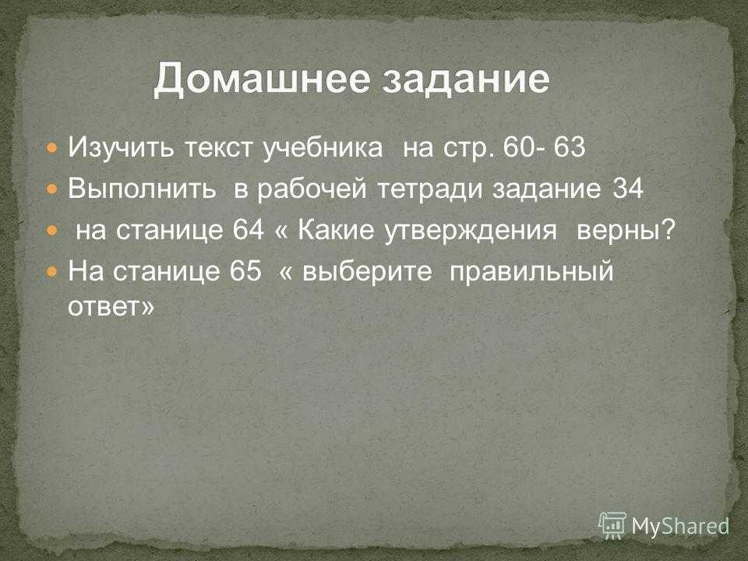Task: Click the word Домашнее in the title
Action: pos(262,79)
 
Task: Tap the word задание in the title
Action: pos(467,79)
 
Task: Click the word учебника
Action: pos(323,147)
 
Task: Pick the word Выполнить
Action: pos(142,189)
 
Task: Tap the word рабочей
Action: pos(312,189)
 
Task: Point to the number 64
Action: pos(248,231)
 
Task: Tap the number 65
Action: pos(245,271)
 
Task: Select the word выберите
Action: pos(367,272)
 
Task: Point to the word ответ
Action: pos(104,307)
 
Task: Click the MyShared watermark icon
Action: pos(612,526)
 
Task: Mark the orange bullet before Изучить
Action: pos(52,148)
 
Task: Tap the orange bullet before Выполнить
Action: pos(52,189)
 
